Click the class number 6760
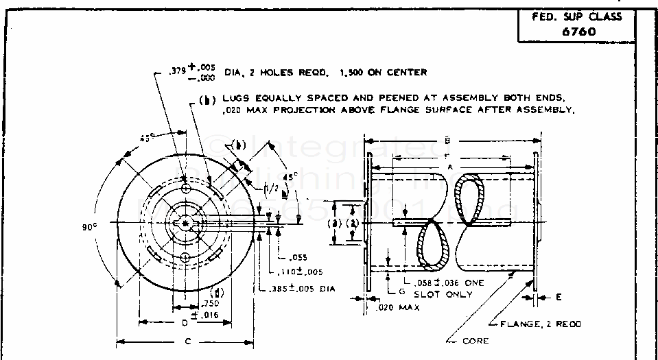576,31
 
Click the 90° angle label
90,227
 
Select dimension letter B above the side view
447,140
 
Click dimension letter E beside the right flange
559,297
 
